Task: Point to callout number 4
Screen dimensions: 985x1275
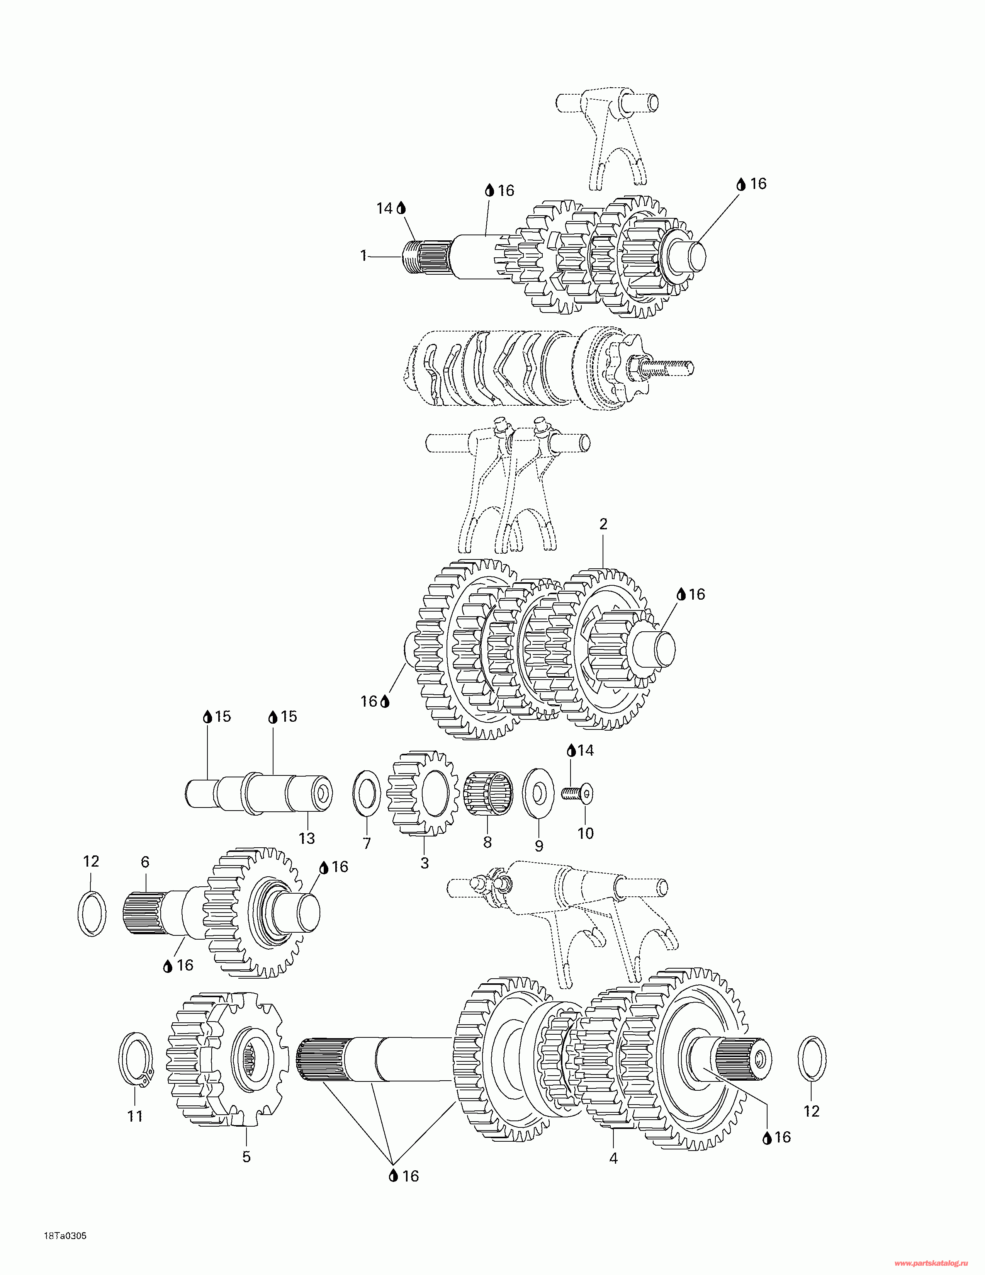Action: pyautogui.click(x=613, y=1158)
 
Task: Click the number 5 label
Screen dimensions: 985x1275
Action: pyautogui.click(x=246, y=1156)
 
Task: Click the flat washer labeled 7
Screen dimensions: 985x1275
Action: pyautogui.click(x=367, y=794)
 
